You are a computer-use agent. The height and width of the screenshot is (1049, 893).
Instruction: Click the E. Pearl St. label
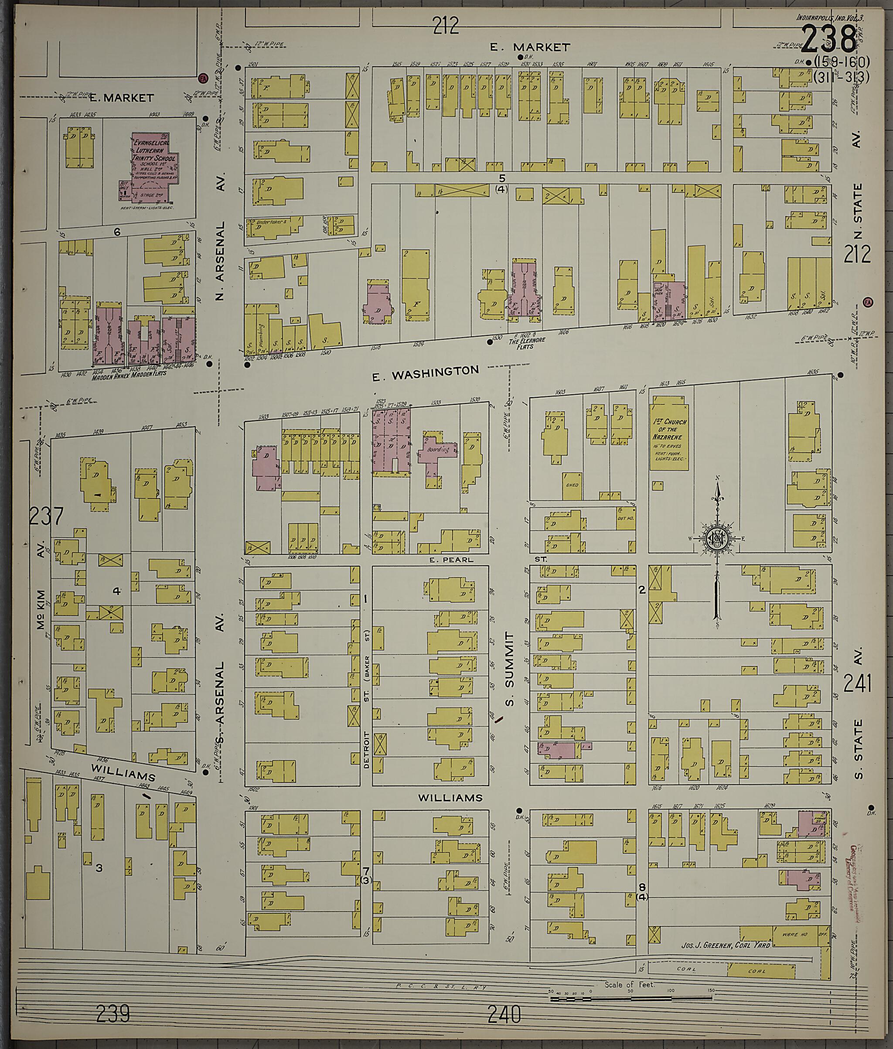(451, 560)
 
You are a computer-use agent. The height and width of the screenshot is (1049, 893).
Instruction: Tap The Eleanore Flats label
(527, 340)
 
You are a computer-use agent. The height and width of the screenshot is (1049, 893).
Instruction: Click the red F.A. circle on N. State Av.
(869, 302)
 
